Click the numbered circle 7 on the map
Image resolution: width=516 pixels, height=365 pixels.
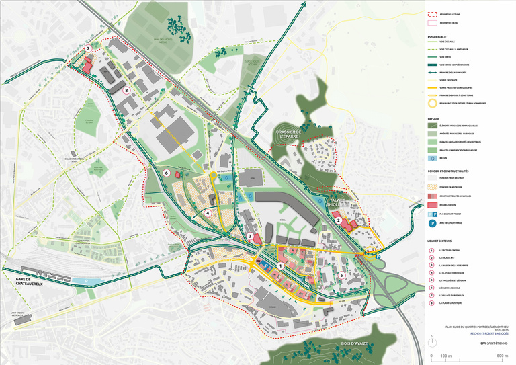point(88,49)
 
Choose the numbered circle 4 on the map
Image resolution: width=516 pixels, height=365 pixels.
point(209,213)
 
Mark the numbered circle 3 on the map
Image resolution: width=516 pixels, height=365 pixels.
point(249,236)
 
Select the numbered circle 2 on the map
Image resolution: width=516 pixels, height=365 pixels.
point(339,219)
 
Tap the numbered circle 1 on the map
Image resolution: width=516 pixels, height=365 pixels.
point(279,268)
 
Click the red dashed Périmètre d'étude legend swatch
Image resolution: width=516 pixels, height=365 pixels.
point(433,13)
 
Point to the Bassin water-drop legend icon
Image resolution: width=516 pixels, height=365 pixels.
point(433,159)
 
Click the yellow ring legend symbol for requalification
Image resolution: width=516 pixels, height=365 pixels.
point(433,103)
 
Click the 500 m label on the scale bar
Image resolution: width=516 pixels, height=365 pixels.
point(499,355)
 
